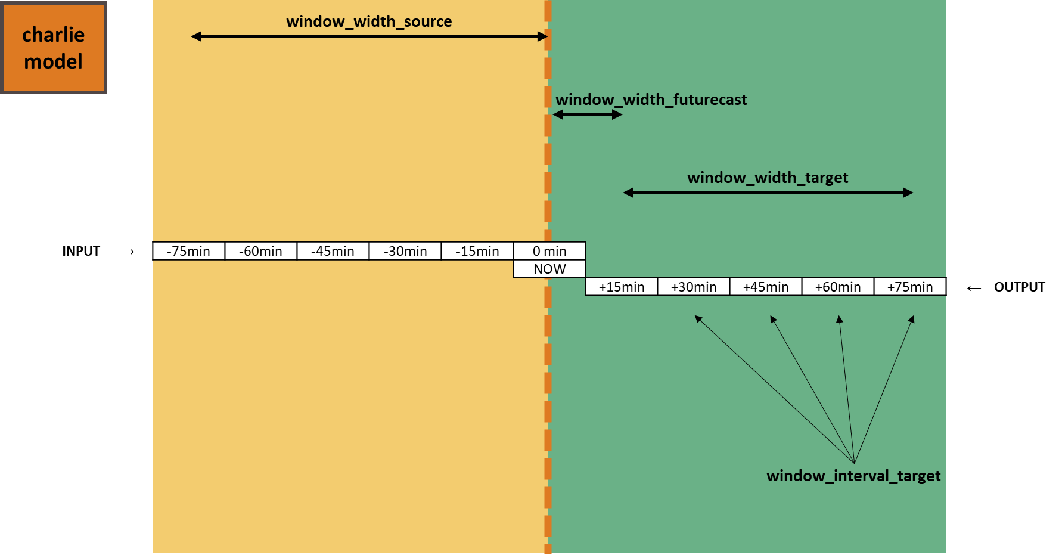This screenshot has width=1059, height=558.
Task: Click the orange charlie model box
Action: point(53,48)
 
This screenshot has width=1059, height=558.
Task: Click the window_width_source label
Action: point(369,22)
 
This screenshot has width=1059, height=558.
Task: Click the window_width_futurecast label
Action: point(651,100)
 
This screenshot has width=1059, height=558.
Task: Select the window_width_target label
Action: point(768,178)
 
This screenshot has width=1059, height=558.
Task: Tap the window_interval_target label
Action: point(853,476)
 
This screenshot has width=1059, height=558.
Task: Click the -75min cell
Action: point(188,251)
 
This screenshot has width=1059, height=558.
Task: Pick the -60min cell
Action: point(260,251)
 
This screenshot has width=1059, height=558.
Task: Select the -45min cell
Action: point(333,251)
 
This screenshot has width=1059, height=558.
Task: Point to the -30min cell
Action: point(405,251)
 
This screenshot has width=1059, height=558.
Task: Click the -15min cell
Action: point(477,251)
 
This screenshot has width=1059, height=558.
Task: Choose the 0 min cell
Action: point(549,251)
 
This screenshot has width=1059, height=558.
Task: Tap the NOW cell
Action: point(549,269)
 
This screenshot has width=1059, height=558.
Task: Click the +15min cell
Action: point(622,287)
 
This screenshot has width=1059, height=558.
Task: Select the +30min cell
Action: point(694,287)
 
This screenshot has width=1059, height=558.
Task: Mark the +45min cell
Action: point(766,287)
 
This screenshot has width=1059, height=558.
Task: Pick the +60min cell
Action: point(838,287)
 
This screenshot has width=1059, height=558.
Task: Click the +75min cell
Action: point(910,287)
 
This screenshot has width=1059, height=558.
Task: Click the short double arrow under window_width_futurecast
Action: point(587,114)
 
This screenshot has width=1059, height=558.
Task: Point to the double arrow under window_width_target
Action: point(768,193)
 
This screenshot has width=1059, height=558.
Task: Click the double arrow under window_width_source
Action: point(369,36)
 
